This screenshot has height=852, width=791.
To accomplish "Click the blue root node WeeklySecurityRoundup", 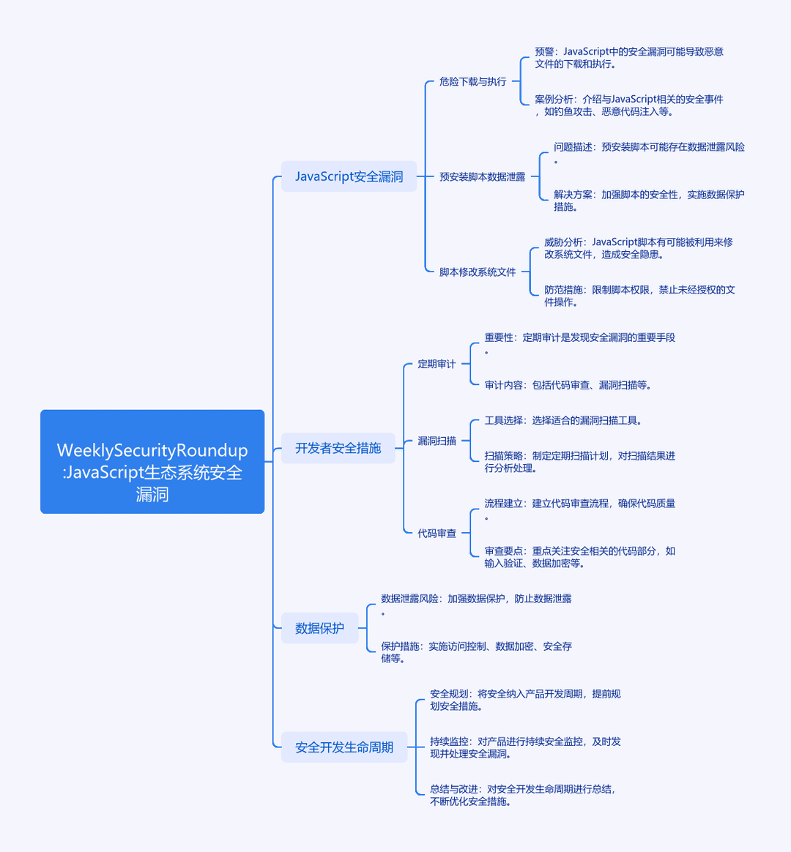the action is point(152,461).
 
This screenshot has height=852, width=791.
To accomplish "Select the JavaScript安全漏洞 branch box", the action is point(349,176).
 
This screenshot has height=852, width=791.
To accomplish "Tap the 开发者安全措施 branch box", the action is point(338,448).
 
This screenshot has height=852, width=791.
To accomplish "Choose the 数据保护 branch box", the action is point(319,627).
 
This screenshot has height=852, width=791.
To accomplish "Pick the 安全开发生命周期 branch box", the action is point(344,747).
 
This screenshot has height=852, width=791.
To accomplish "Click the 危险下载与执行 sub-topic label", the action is point(473,81).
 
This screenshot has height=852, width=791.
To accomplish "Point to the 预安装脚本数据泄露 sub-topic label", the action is point(482,176).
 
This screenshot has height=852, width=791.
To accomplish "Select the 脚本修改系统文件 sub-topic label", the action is point(478,272).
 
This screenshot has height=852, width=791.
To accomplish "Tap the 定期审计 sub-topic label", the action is point(437,364).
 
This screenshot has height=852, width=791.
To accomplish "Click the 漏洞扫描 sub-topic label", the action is point(437,441).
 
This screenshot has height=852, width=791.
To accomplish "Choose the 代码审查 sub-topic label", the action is point(437,534).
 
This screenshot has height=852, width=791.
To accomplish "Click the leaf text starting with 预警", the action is point(629,58).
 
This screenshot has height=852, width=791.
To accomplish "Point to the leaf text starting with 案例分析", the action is point(629,105).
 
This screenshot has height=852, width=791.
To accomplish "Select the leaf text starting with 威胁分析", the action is point(639,248).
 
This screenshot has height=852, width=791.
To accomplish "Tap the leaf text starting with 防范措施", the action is point(640,296).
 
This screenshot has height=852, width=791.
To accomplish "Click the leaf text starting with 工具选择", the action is point(563,421).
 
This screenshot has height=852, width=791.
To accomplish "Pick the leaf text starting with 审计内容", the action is point(568,385).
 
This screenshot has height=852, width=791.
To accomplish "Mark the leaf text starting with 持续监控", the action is point(525,747).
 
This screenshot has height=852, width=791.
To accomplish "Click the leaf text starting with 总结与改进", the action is point(523,795).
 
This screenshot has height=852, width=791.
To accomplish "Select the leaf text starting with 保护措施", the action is point(476,652).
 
